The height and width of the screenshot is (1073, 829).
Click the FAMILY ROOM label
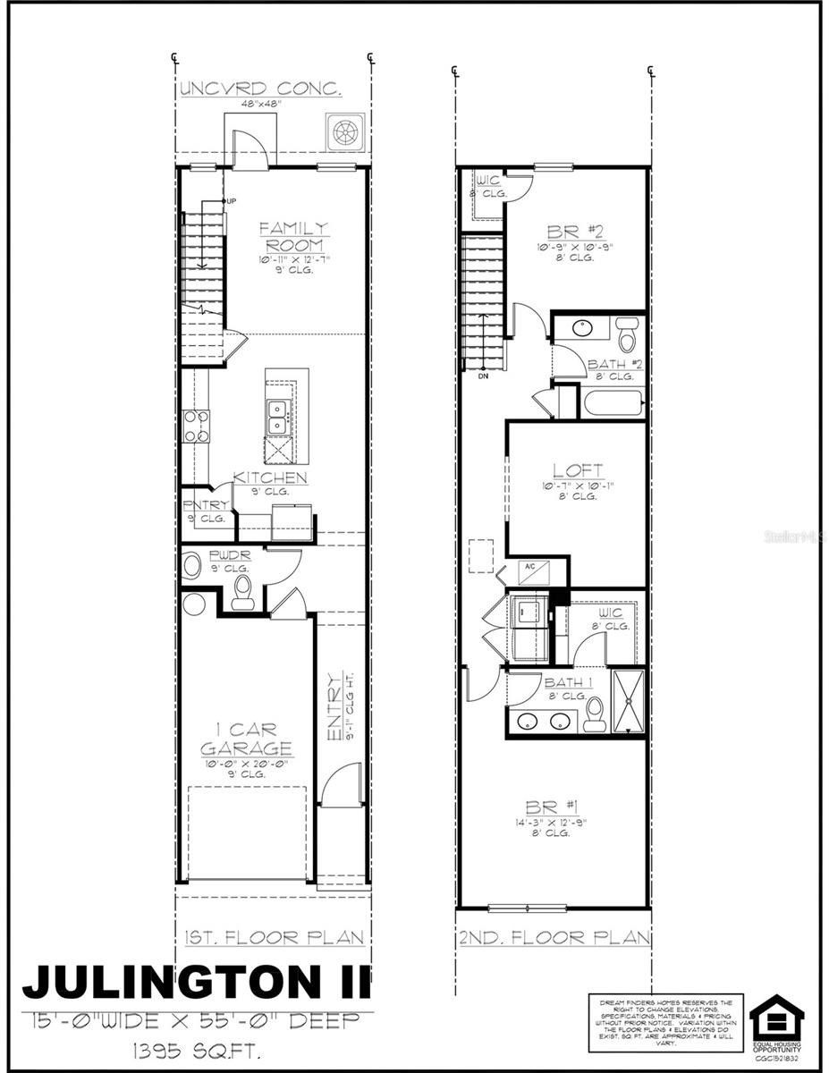(x=293, y=237)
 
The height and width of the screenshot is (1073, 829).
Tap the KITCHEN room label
(x=270, y=478)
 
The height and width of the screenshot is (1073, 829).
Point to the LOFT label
(x=576, y=470)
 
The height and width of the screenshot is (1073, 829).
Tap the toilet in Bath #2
(x=627, y=334)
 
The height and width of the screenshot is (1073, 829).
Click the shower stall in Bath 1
(x=627, y=699)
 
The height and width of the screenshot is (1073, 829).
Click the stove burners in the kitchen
(x=195, y=427)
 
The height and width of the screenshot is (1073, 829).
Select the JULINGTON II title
(x=196, y=982)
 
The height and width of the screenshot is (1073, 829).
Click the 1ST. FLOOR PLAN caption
(x=272, y=938)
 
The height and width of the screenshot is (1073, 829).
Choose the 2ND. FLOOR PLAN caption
(x=553, y=938)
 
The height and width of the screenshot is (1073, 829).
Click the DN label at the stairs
(x=483, y=376)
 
